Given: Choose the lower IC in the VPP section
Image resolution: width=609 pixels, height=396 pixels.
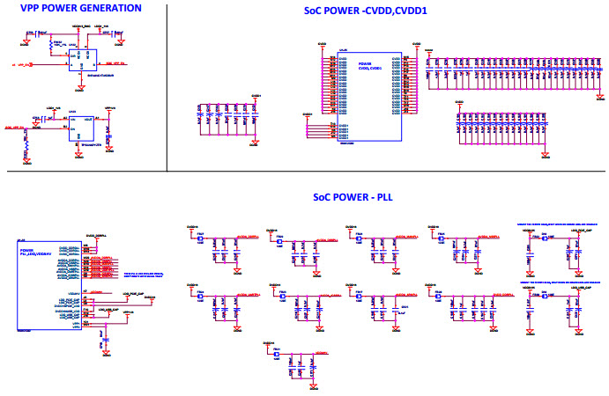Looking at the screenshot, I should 82,123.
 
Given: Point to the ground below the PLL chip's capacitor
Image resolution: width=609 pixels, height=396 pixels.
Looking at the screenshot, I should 105,344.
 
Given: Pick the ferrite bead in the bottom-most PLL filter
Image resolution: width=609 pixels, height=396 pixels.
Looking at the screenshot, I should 276,356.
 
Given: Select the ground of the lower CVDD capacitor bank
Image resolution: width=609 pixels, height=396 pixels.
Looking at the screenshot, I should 544,155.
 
